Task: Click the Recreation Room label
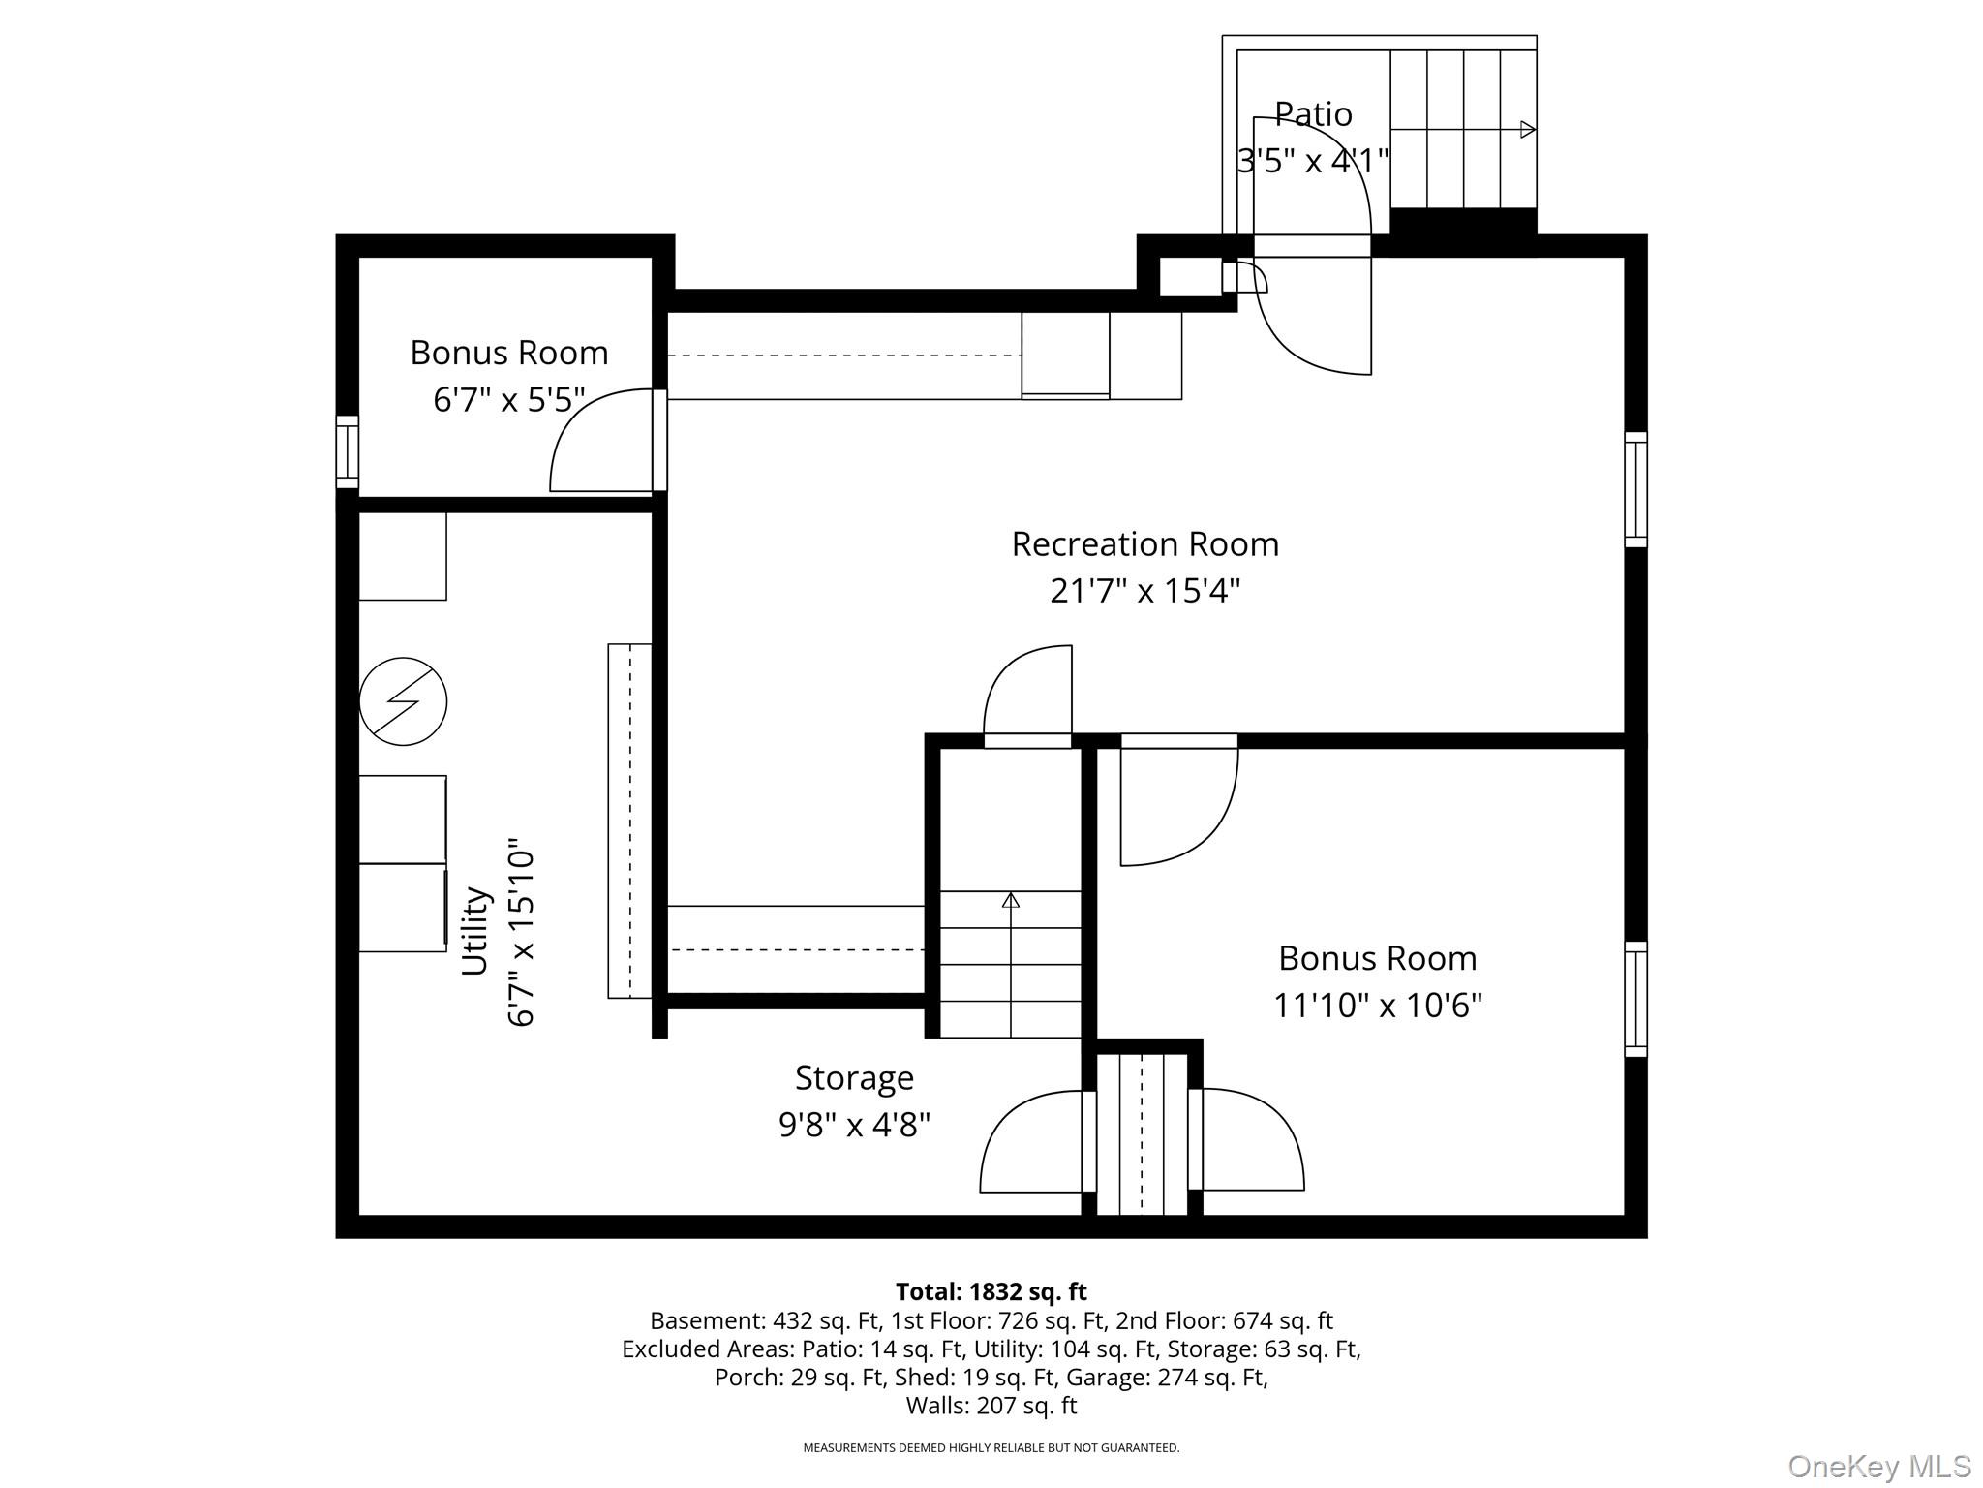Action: click(x=1144, y=544)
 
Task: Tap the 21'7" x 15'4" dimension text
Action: click(x=1144, y=590)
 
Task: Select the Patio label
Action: click(x=1313, y=114)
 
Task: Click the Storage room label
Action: click(x=854, y=1078)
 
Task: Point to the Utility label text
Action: click(x=474, y=930)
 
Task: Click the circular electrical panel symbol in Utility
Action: click(x=403, y=701)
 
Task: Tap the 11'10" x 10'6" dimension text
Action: click(x=1377, y=1006)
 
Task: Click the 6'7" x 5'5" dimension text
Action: click(x=509, y=399)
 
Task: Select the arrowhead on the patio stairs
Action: click(x=1528, y=129)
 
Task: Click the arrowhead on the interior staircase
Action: click(x=1011, y=900)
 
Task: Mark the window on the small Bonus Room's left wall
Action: click(x=347, y=451)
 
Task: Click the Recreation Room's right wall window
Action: click(x=1635, y=489)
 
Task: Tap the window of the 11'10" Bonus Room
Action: click(x=1635, y=999)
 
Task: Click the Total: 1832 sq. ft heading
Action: click(x=991, y=1291)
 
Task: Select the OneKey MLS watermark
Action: click(x=1879, y=1466)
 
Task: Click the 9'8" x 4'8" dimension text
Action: click(x=854, y=1125)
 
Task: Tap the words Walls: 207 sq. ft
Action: click(x=991, y=1405)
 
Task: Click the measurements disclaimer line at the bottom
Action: click(x=991, y=1448)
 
